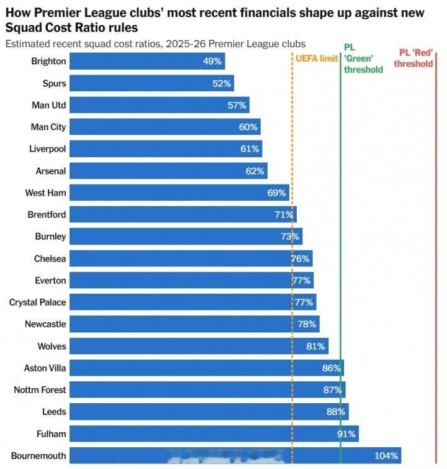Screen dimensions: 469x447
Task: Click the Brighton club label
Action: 48,61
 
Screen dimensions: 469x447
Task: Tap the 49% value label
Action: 212,61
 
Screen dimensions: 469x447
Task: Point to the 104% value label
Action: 386,455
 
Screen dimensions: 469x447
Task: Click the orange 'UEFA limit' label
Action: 317,58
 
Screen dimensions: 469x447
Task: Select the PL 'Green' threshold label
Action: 363,58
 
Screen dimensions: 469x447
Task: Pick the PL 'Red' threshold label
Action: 413,58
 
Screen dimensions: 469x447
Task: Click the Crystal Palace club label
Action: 37,303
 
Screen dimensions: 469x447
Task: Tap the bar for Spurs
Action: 152,83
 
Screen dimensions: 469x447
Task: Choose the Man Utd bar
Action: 160,105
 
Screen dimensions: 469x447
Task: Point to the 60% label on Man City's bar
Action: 248,127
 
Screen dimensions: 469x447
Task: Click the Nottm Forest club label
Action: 40,390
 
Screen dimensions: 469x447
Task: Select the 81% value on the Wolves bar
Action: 315,346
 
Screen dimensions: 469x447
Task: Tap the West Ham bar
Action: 180,193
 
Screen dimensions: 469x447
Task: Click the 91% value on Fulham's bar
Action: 346,434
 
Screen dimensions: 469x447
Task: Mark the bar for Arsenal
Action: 168,171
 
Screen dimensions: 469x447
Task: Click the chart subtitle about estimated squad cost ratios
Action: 155,43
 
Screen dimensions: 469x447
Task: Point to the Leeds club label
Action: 54,412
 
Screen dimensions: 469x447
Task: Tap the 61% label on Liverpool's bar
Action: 250,149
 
